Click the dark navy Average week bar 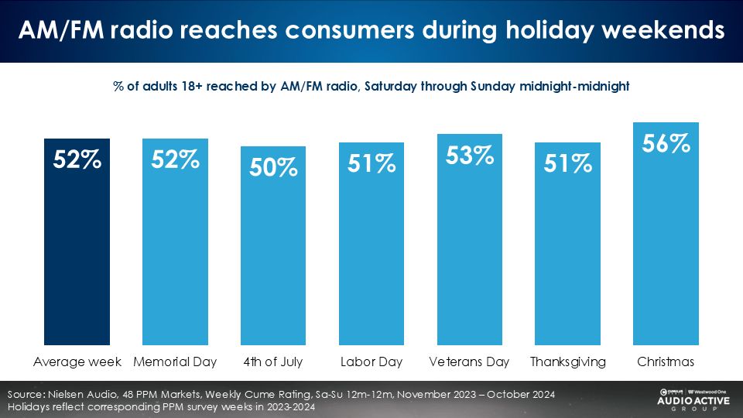pyautogui.click(x=77, y=242)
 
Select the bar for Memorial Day pyautogui.click(x=176, y=242)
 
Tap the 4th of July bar pyautogui.click(x=273, y=245)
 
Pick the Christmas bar pyautogui.click(x=666, y=234)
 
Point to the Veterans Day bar pyautogui.click(x=470, y=239)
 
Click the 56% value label pyautogui.click(x=666, y=143)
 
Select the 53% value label pyautogui.click(x=470, y=156)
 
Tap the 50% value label pyautogui.click(x=273, y=167)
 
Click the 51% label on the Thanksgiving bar pyautogui.click(x=567, y=163)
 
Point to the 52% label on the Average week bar pyautogui.click(x=77, y=159)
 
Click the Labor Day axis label pyautogui.click(x=371, y=362)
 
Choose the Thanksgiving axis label pyautogui.click(x=567, y=362)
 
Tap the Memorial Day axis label pyautogui.click(x=175, y=362)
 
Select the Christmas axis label pyautogui.click(x=666, y=362)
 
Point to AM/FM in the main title pyautogui.click(x=61, y=30)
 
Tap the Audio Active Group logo pyautogui.click(x=693, y=400)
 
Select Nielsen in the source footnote pyautogui.click(x=64, y=394)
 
